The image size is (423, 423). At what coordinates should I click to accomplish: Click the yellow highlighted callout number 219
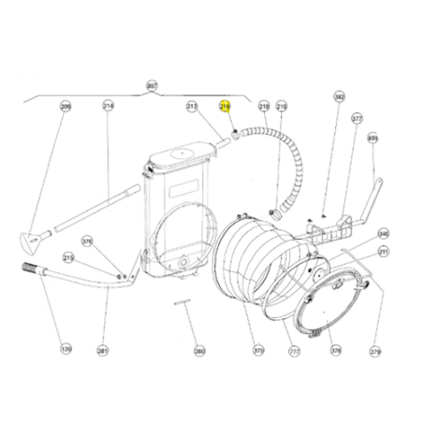click(x=225, y=107)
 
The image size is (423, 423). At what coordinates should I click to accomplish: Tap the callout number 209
click(x=66, y=107)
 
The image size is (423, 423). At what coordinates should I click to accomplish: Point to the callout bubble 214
click(x=108, y=107)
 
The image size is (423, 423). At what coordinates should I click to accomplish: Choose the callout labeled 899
click(x=372, y=139)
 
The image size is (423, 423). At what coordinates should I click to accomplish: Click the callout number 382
click(x=340, y=96)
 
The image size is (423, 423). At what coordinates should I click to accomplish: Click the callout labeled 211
click(x=383, y=251)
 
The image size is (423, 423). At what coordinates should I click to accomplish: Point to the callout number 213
click(x=193, y=107)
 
